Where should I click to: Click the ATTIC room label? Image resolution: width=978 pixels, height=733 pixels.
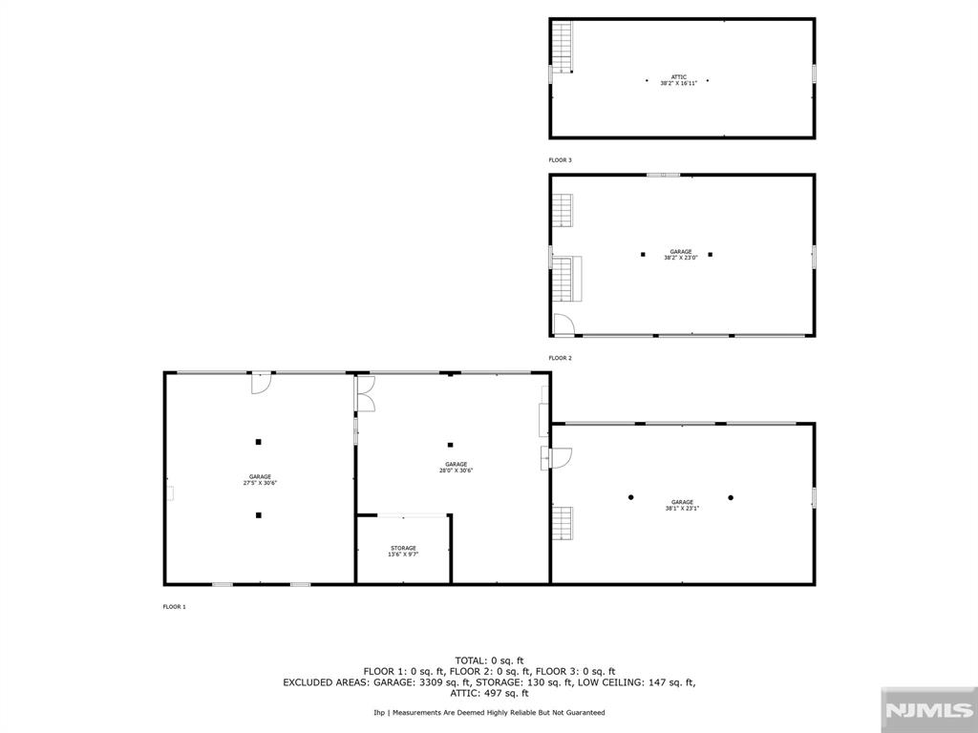(x=678, y=76)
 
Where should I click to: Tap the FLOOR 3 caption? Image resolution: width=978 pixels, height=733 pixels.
(x=560, y=160)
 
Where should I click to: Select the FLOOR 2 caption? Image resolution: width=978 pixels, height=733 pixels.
(x=560, y=358)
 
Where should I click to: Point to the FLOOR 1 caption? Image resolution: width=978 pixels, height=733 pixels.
(x=174, y=607)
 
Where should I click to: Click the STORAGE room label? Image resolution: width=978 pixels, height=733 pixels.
(x=403, y=548)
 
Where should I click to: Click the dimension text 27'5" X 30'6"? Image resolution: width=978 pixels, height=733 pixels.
(x=260, y=483)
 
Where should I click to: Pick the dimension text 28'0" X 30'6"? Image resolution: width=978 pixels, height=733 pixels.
(x=456, y=471)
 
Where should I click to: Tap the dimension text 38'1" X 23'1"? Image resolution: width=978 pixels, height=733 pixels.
(x=682, y=509)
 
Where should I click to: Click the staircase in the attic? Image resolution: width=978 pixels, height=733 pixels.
(x=563, y=46)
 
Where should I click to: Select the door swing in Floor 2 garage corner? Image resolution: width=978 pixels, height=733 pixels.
(x=563, y=325)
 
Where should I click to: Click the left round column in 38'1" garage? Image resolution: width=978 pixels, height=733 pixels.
(x=630, y=497)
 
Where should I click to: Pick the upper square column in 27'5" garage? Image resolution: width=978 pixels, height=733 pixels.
(x=258, y=441)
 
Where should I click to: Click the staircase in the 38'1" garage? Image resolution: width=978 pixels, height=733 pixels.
(x=563, y=522)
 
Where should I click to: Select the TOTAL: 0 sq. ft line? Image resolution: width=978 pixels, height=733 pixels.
(x=489, y=660)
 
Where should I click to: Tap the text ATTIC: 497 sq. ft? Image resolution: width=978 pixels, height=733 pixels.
(x=489, y=693)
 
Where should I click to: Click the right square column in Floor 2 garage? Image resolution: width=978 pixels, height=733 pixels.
(x=711, y=255)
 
